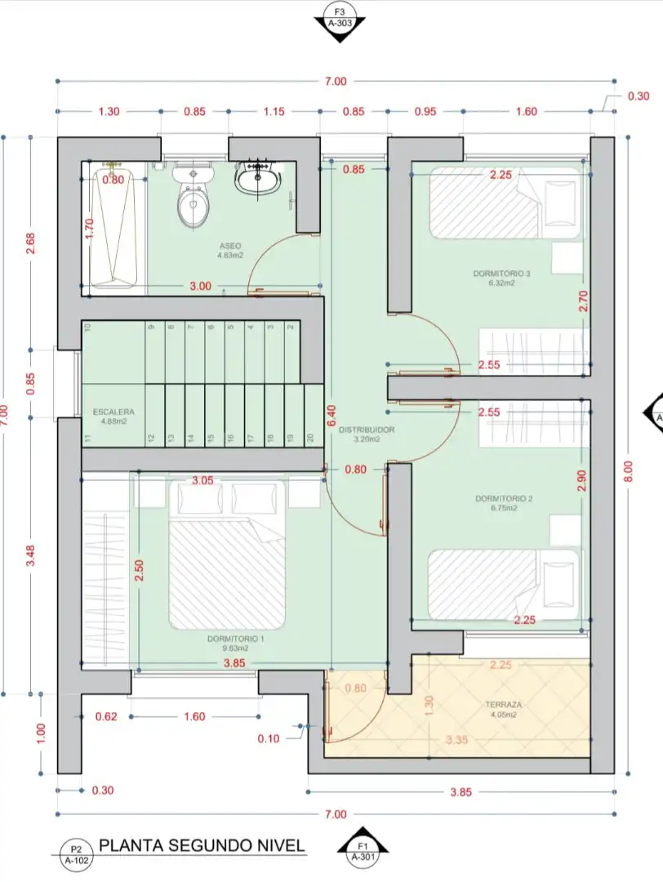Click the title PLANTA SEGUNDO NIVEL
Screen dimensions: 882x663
coord(202,845)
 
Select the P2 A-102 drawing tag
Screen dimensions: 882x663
coord(77,852)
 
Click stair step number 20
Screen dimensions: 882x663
coord(311,439)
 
